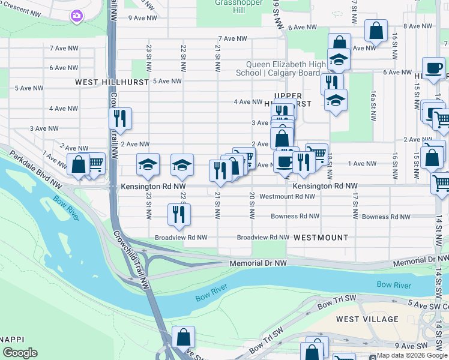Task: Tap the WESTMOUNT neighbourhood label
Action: [321, 238]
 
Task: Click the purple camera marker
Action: [76, 16]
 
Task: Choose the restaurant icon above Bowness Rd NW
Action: [178, 215]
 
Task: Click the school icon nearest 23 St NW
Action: [148, 166]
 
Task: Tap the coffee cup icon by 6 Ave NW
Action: [433, 68]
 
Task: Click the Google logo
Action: [19, 353]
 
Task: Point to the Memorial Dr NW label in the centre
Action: [258, 263]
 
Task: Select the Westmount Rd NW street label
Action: [287, 196]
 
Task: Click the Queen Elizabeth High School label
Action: [282, 68]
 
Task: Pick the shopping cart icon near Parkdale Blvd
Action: [95, 163]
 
